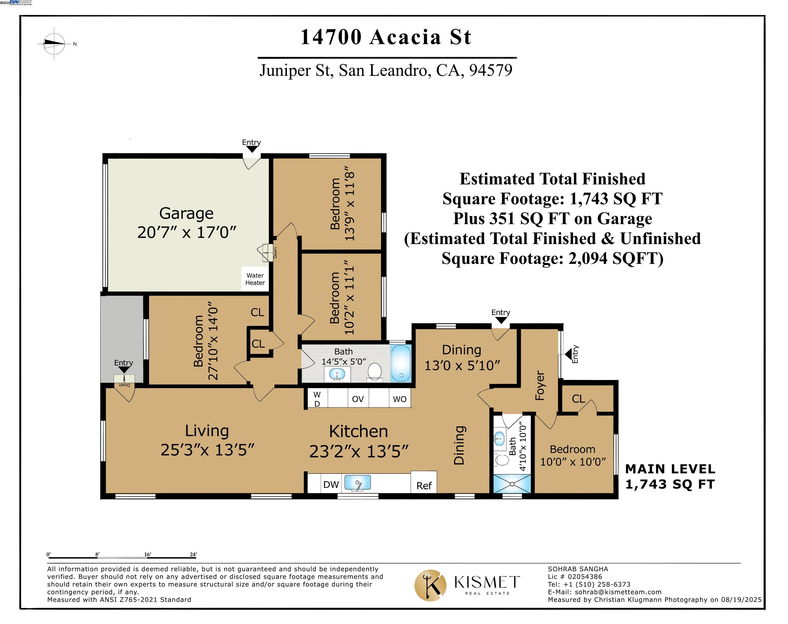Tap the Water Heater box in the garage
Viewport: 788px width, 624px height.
click(x=255, y=279)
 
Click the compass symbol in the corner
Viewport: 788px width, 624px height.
click(x=54, y=44)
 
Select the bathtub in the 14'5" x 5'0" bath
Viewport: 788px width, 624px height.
click(x=401, y=363)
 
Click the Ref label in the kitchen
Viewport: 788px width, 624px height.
click(x=424, y=486)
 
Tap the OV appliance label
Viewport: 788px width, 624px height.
click(x=358, y=399)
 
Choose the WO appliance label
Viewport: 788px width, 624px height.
click(x=399, y=399)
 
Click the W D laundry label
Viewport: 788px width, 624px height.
click(x=317, y=399)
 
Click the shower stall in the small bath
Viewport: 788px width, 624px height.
click(x=512, y=484)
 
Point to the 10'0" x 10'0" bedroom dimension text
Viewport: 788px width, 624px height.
click(x=572, y=462)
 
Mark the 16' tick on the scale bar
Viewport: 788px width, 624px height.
click(x=147, y=555)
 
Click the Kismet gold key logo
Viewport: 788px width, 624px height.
click(x=430, y=586)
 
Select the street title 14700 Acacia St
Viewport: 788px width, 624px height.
click(x=386, y=37)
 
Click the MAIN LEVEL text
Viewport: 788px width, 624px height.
click(x=670, y=469)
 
